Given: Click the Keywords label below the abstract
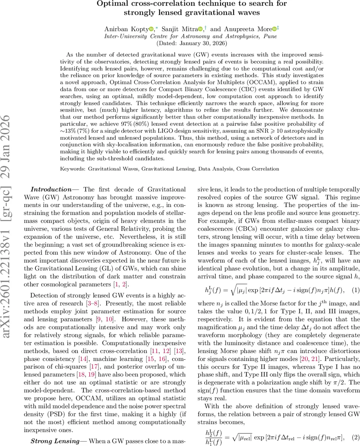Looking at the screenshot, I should pyautogui.click(x=73, y=169).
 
